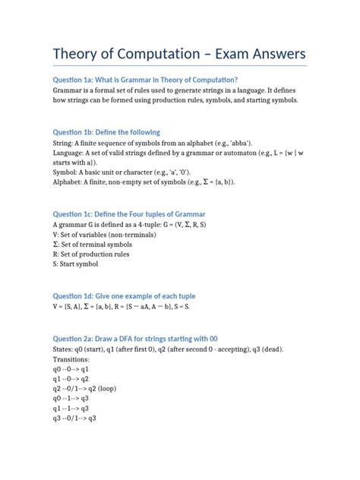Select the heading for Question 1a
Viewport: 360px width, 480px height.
tap(145, 80)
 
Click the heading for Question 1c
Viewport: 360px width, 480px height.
tap(128, 214)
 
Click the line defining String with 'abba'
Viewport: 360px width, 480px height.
tap(143, 142)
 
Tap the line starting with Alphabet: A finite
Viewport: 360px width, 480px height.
tap(144, 182)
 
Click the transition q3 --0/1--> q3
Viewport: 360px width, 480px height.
tap(74, 418)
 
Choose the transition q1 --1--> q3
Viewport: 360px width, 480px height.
tap(71, 408)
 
